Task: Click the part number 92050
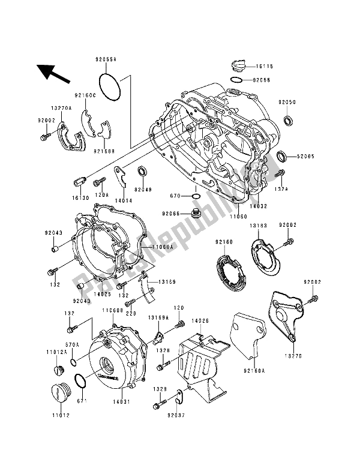(x=287, y=103)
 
